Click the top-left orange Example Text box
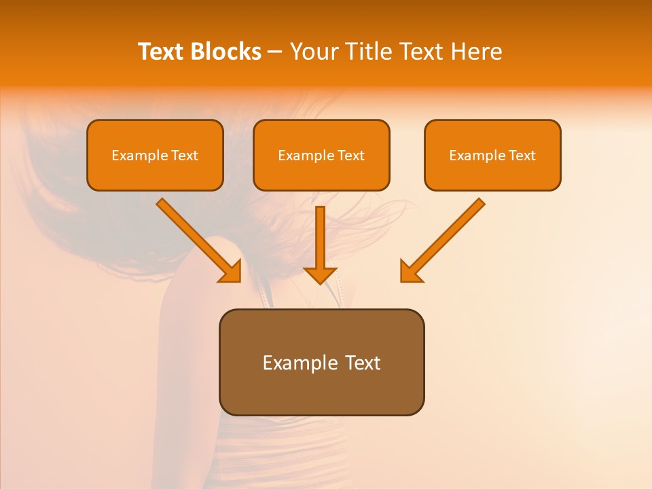point(155,156)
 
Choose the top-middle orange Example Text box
point(321,156)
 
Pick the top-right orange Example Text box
point(492,156)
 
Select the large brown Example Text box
point(321,363)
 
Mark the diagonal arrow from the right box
point(445,238)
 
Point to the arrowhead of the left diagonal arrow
point(232,272)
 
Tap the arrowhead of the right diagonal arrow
point(410,272)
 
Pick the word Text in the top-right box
point(522,156)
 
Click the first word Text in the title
point(161,52)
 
